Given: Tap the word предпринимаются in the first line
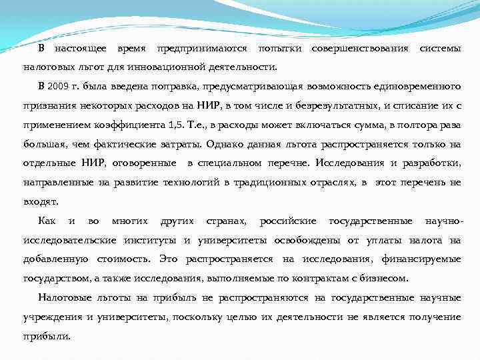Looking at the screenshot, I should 201,49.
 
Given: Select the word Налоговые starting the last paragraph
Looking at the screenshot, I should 63,297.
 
